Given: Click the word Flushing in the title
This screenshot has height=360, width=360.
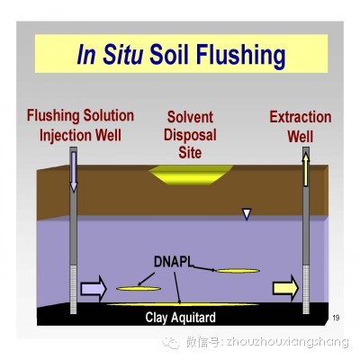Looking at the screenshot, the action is [x=240, y=56].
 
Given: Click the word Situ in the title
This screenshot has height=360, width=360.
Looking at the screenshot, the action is [x=123, y=54].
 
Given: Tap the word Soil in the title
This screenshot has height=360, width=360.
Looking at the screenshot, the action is [x=170, y=54].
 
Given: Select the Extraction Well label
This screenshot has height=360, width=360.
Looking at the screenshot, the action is [x=301, y=127].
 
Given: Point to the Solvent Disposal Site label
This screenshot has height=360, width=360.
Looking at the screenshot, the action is [x=190, y=135].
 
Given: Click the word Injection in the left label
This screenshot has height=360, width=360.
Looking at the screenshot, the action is [x=66, y=135].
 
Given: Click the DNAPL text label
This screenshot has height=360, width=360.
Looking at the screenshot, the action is [x=174, y=262].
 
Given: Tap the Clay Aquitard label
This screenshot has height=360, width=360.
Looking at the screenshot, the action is [x=181, y=318].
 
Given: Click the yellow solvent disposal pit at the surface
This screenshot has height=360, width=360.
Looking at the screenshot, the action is [x=191, y=175].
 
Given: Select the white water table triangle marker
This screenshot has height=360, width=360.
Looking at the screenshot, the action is [x=247, y=214].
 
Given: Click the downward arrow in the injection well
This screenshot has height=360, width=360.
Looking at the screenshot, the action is [x=74, y=172].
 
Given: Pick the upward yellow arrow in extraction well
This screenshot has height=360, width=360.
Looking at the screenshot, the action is [x=306, y=169].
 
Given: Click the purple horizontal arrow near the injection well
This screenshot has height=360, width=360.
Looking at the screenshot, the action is [x=94, y=289].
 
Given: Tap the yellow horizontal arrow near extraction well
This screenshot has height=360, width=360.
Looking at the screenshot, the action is [x=285, y=288].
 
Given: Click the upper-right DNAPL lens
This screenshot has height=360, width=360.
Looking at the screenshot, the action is [x=238, y=271].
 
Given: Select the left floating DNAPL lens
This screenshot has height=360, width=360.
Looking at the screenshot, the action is [x=139, y=289].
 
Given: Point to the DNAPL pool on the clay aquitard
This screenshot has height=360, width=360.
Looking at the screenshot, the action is [x=183, y=304].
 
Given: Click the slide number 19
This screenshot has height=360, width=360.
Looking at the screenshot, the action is [x=336, y=318].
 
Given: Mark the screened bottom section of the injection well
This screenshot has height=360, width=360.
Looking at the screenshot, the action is [x=74, y=289].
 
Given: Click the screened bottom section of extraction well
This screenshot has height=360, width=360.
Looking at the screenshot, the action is [x=306, y=289].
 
